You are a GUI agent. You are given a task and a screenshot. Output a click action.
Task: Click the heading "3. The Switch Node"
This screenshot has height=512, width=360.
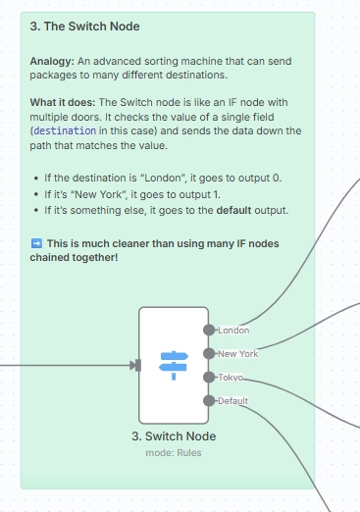84,26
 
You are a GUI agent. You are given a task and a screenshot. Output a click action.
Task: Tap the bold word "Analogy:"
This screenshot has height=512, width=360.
52,61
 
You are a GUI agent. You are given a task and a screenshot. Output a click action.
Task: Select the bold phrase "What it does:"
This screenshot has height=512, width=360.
63,102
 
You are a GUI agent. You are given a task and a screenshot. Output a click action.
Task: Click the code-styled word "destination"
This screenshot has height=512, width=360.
65,130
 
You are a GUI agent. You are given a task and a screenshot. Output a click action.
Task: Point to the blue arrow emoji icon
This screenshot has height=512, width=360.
36,243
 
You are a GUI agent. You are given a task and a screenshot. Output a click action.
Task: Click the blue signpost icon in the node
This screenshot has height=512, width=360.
174,365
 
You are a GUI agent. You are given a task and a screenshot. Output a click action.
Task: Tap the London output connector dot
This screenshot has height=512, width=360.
209,331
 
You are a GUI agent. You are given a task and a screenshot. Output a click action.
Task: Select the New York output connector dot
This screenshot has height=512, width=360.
209,354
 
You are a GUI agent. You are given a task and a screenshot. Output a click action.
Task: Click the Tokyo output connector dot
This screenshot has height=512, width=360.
209,378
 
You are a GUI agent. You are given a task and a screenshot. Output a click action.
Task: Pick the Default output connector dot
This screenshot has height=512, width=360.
209,401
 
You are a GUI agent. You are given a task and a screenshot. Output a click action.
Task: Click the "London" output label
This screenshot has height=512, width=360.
233,331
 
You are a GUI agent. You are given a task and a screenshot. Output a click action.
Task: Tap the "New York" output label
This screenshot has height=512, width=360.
238,354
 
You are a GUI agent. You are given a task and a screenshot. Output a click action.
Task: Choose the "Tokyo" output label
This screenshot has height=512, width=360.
231,378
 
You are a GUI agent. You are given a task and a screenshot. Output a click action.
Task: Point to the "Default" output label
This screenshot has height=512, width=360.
232,401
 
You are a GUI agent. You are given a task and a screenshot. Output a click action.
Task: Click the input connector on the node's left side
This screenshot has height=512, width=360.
137,365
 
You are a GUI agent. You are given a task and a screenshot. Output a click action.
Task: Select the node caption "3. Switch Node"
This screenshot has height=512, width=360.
174,436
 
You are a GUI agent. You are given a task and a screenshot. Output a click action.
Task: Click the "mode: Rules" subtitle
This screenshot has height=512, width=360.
174,453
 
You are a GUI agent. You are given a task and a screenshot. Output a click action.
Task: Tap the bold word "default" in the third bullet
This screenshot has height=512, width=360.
233,210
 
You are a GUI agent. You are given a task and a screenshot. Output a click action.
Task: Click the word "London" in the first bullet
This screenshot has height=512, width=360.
163,178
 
